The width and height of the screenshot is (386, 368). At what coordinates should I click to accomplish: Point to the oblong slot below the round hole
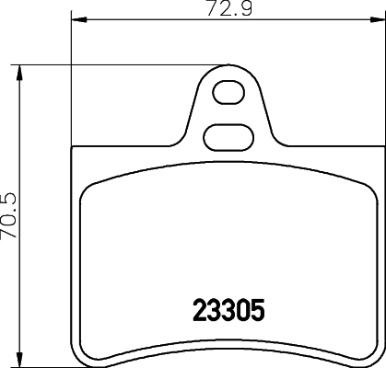[x=226, y=136]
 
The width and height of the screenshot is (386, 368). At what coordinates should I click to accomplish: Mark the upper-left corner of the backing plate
[x=73, y=148]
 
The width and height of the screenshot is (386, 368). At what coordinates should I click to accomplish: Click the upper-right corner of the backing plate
[x=378, y=148]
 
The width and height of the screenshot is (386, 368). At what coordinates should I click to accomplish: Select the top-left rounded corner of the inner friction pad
[x=89, y=184]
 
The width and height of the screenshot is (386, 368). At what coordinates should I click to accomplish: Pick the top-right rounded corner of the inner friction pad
[x=361, y=184]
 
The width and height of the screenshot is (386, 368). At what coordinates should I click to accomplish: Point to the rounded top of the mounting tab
[x=226, y=67]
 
